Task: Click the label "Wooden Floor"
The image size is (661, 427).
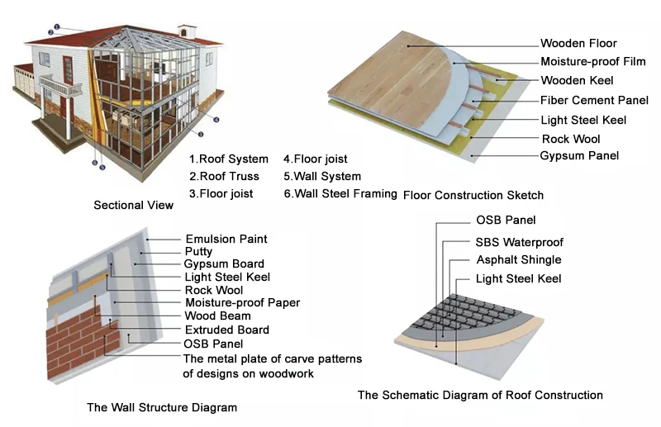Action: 578,43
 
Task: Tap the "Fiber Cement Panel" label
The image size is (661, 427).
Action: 594,100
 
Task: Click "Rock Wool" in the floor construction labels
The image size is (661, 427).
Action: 570,138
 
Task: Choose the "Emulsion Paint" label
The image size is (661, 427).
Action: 226,239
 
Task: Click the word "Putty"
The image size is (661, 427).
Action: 198,251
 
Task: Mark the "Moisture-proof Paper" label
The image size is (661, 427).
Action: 242,302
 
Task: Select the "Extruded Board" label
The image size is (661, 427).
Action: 226,330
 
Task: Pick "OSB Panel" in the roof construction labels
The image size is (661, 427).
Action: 506,220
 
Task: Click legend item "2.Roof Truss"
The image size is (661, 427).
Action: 224,176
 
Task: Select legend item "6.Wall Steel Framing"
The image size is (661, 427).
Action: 340,193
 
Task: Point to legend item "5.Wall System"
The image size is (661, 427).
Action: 321,176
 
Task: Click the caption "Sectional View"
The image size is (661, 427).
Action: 133,205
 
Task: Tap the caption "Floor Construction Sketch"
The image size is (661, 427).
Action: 473,195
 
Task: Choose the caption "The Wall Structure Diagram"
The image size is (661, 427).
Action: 162,407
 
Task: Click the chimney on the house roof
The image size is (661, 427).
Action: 188,31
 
